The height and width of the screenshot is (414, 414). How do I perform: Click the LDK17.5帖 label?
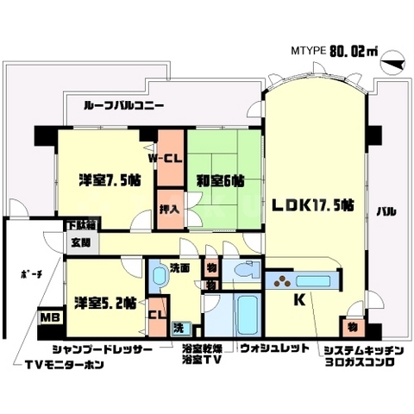[x=313, y=205]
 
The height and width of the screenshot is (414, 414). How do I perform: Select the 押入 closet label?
[x=169, y=210]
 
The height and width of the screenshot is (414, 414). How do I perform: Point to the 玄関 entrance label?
[x=80, y=243]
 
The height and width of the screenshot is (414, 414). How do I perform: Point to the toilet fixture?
[x=248, y=270]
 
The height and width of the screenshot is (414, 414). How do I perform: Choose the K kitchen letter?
[x=299, y=300]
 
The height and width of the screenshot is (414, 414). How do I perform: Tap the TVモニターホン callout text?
[x=63, y=363]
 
